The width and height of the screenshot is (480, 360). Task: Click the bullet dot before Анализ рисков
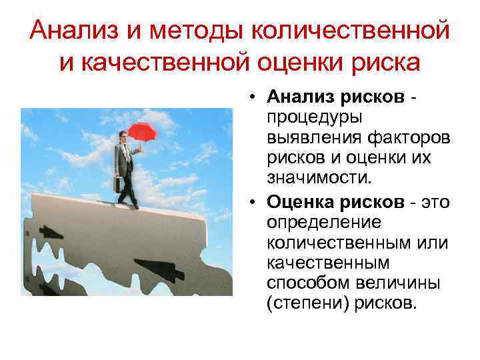coord(255,97)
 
